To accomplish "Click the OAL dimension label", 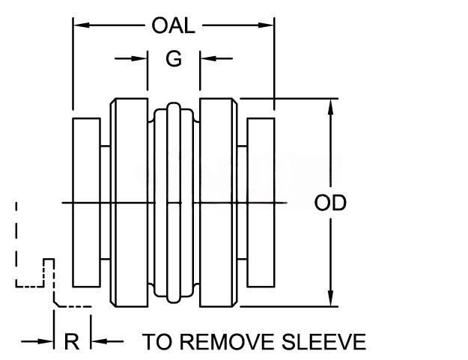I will tap(174, 25).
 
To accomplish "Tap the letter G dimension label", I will tap(174, 59).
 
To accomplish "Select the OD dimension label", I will tap(330, 204).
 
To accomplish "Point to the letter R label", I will tap(72, 342).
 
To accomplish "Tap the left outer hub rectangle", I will tap(86, 202).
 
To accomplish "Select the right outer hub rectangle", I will tap(261, 202).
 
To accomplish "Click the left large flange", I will tap(129, 202).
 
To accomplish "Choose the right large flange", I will tap(219, 202).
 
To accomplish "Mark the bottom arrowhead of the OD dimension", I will tap(330, 299).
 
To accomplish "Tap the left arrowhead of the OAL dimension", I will tap(78, 25).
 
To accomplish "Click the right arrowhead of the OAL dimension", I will tap(270, 25).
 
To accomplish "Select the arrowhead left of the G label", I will tap(142, 58).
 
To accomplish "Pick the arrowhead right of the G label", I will tap(206, 58).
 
